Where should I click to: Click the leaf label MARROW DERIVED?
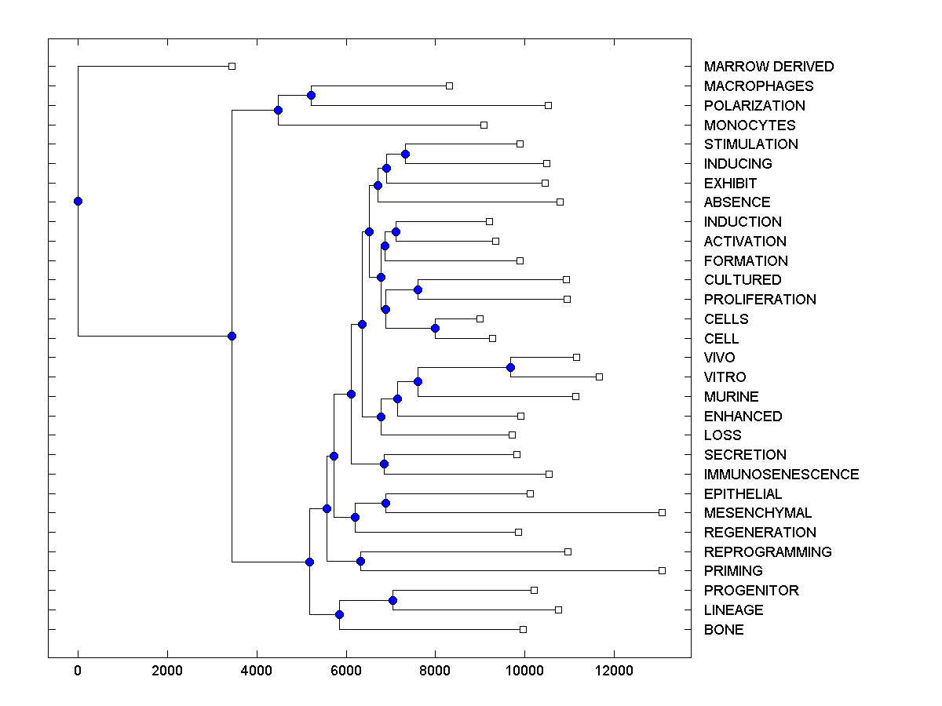click(x=769, y=67)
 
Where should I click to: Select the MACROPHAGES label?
click(x=758, y=86)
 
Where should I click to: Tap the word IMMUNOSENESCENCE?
click(x=781, y=475)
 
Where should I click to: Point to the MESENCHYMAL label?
click(x=758, y=513)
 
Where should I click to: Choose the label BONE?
click(x=724, y=630)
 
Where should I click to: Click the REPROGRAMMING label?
click(x=768, y=552)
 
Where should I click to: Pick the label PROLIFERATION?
click(x=760, y=300)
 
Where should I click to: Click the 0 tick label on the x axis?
click(x=78, y=670)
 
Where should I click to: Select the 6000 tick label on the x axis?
click(x=345, y=670)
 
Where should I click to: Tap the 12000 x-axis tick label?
click(x=614, y=670)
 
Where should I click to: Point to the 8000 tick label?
click(x=435, y=670)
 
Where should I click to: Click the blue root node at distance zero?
click(x=78, y=201)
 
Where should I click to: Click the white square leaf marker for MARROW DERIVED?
click(x=232, y=66)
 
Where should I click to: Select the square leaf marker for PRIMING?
click(x=662, y=570)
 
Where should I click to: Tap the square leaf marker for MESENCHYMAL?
click(x=662, y=512)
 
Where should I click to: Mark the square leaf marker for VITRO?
click(x=599, y=377)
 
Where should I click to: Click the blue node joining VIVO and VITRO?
click(x=510, y=367)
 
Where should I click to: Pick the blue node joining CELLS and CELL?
click(x=435, y=328)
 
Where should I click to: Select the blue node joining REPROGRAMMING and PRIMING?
click(x=360, y=561)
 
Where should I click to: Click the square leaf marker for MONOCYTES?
click(x=484, y=125)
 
